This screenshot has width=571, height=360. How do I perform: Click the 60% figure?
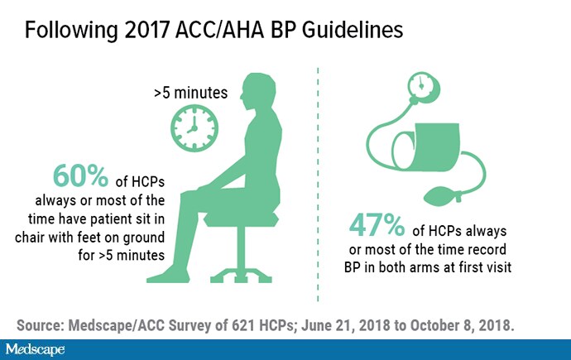(x=80, y=175)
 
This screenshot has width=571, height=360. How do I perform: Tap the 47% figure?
(x=377, y=225)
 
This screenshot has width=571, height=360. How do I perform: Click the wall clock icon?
(x=194, y=128)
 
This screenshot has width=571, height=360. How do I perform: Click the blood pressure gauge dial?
(x=423, y=88)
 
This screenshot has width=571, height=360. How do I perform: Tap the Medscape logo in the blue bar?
(x=35, y=350)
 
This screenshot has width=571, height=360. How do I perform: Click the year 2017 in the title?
(x=146, y=30)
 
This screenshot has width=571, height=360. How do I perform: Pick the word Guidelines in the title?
(x=353, y=30)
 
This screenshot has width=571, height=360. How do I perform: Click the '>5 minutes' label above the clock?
(x=191, y=93)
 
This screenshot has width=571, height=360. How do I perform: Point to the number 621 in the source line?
(x=243, y=325)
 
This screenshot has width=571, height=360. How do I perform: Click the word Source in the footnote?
(x=40, y=325)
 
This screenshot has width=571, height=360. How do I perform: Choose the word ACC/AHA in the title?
(x=219, y=30)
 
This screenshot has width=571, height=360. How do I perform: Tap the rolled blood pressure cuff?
(x=426, y=148)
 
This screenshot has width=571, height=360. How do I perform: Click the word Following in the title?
(x=71, y=31)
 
